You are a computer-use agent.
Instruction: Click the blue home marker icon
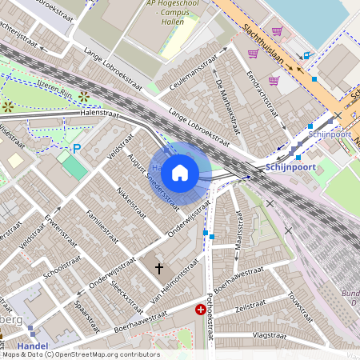tap(180, 173)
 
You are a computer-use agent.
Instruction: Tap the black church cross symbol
tap(159, 269)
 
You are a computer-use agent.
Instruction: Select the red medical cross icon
tap(200, 309)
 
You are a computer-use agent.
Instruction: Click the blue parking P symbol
tap(77, 149)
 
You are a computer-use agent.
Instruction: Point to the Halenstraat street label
tap(99, 115)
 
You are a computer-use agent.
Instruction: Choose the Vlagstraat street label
tap(269, 334)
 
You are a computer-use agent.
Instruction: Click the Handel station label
tap(32, 346)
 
